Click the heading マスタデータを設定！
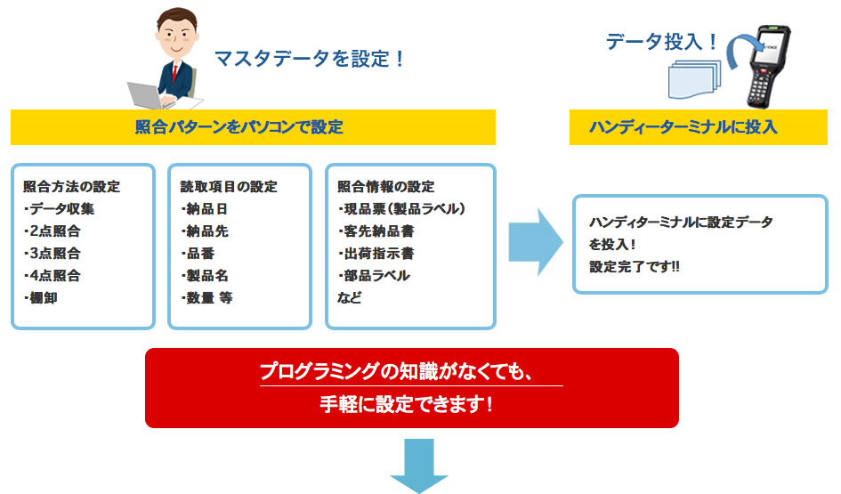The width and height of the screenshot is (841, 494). (x=310, y=60)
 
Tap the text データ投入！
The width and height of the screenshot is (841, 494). (x=661, y=41)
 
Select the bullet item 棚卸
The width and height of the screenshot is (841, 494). (x=43, y=298)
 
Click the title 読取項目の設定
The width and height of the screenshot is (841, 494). (x=229, y=187)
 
